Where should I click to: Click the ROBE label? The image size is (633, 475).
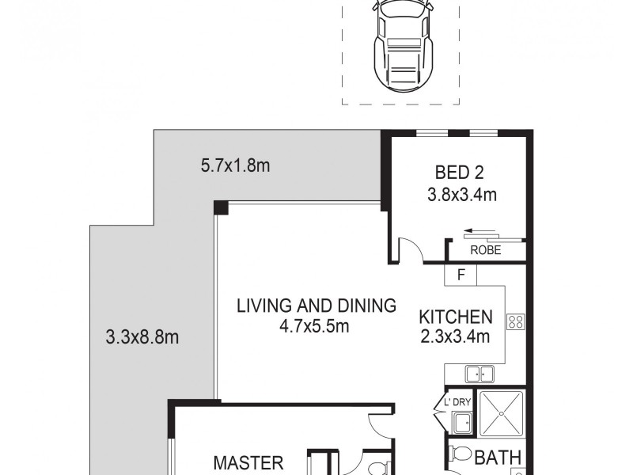pos(486,250)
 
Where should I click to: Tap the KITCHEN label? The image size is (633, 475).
pos(455,317)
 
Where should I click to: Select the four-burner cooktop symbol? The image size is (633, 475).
pos(515,321)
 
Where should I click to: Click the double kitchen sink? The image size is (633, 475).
pos(479,374)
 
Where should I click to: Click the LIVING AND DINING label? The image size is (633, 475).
pos(316,306)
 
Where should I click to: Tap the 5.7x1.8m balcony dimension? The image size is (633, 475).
pos(236,166)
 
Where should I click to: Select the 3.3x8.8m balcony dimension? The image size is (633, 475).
pos(142,337)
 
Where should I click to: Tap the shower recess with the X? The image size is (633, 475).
pos(500,412)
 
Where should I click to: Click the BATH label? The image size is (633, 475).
pos(498,457)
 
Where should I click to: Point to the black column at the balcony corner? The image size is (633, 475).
pos(221,207)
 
